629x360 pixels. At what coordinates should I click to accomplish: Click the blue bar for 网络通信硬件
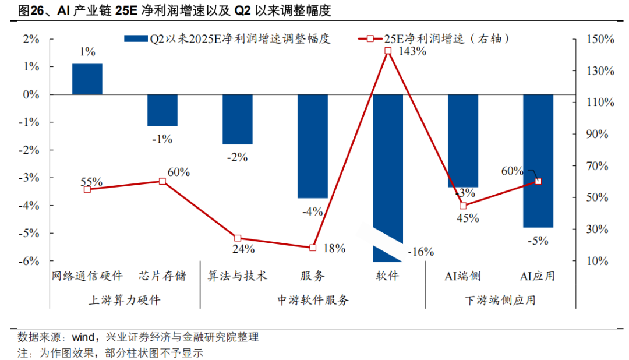click(87, 79)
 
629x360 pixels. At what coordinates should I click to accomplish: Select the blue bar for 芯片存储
click(162, 110)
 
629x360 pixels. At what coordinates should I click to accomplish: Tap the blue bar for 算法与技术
click(238, 119)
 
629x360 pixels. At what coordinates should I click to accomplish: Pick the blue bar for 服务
click(313, 146)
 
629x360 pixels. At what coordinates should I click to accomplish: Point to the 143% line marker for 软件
click(388, 51)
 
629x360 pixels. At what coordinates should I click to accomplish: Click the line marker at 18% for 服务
click(313, 248)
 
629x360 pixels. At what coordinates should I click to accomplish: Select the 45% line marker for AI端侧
click(463, 206)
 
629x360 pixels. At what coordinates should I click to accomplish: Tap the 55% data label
click(91, 181)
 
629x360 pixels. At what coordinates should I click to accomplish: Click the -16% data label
click(420, 252)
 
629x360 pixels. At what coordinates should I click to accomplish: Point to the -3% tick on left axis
click(30, 178)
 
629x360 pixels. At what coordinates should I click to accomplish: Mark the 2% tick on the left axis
click(31, 39)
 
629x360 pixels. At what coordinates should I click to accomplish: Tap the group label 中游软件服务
click(313, 301)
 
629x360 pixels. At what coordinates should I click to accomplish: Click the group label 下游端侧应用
click(500, 301)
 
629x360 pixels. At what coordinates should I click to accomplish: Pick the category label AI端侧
click(463, 276)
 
